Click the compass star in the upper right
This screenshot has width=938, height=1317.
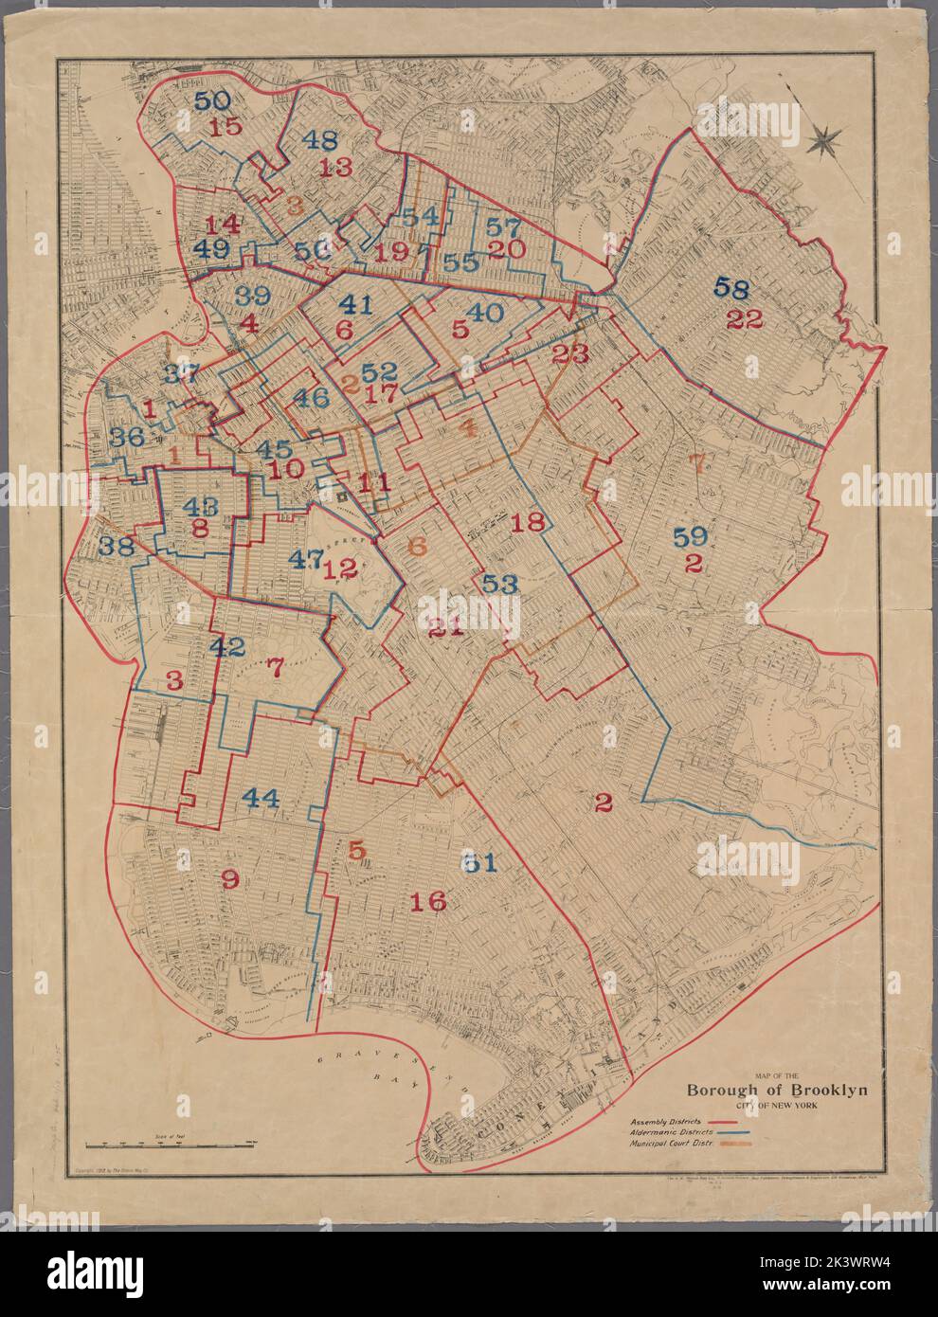point(825,141)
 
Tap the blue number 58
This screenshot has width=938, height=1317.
point(737,287)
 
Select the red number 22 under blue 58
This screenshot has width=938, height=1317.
point(745,319)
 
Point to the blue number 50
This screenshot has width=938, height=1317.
point(213,100)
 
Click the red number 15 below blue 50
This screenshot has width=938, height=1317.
point(226,129)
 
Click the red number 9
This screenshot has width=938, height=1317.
point(229,878)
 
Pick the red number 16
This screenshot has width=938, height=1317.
point(428,901)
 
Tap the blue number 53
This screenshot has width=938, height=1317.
point(500,584)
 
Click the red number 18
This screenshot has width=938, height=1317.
point(529,521)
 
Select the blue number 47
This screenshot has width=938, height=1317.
point(306,558)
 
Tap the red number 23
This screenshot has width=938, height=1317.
point(569,354)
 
